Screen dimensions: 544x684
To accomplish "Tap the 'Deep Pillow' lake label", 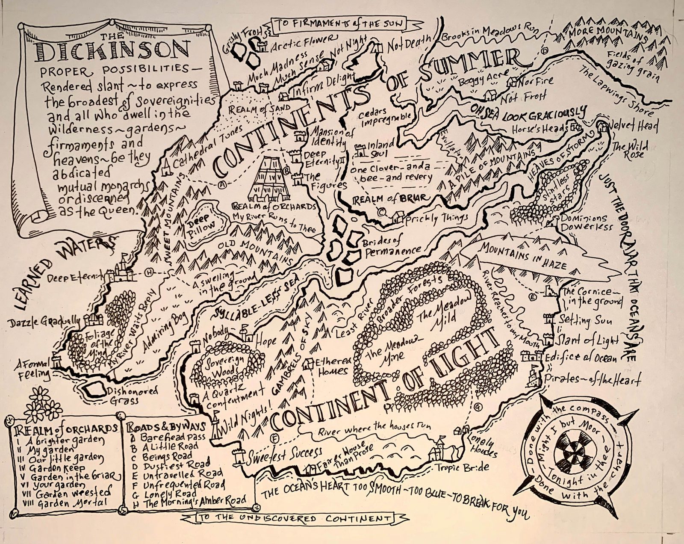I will tap(202, 225).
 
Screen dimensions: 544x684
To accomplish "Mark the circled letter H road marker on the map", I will tap(149, 272).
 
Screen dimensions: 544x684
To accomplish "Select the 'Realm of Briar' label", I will tap(389, 198).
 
